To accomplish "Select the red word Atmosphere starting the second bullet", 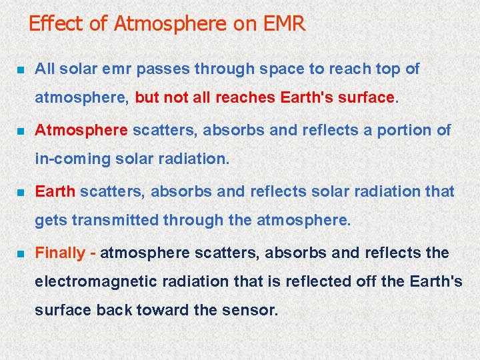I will point(81,130).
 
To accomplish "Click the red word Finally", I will point(60,253).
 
